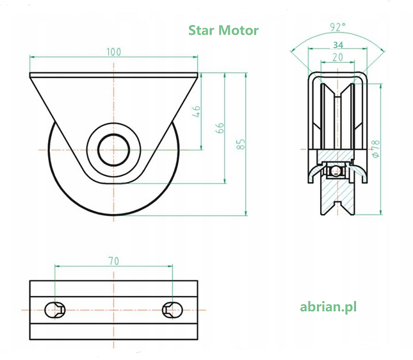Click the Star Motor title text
[x=223, y=30]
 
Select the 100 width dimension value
[x=113, y=52]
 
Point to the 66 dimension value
[x=220, y=127]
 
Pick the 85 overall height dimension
[x=241, y=144]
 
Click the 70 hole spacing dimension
[x=113, y=261]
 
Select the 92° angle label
[x=337, y=27]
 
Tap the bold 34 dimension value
[x=337, y=45]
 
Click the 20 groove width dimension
[x=337, y=58]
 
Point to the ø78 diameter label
[x=376, y=149]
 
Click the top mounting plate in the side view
[x=113, y=75]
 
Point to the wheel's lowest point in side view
[x=113, y=215]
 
